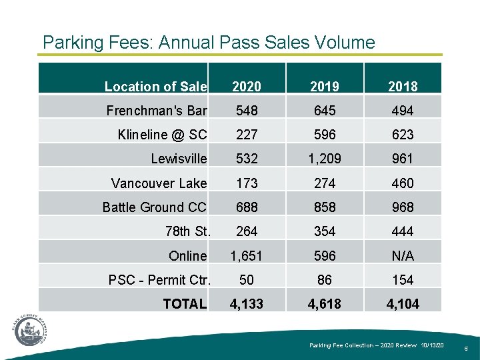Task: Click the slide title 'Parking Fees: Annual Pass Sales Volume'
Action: (209, 43)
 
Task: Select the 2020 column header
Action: (246, 86)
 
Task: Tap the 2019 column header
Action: (324, 86)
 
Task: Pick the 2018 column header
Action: (403, 86)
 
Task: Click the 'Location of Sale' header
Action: (156, 86)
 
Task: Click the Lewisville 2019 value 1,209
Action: (324, 159)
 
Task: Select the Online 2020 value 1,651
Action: (246, 256)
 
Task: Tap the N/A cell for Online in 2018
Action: (403, 256)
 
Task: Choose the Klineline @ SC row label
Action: (162, 135)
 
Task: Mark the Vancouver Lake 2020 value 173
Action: (246, 183)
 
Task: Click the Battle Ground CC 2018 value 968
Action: (403, 207)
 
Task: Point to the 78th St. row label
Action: (187, 231)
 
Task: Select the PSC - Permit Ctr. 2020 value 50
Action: (246, 280)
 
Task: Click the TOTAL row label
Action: (185, 304)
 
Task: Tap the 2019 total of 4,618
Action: (324, 304)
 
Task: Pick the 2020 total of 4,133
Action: (246, 304)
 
